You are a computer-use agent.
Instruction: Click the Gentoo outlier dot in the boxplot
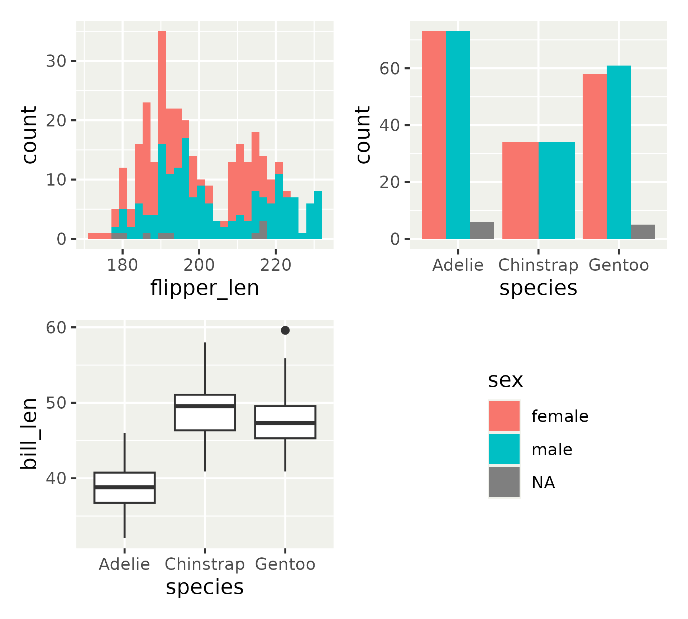pyautogui.click(x=285, y=330)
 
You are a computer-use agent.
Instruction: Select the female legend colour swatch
pyautogui.click(x=504, y=416)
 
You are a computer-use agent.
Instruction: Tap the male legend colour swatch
pyautogui.click(x=504, y=449)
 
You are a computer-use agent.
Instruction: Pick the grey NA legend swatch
pyautogui.click(x=504, y=482)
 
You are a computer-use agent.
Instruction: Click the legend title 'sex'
pyautogui.click(x=505, y=380)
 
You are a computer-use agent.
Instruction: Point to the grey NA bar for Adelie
pyautogui.click(x=482, y=230)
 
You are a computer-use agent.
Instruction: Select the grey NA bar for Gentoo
pyautogui.click(x=643, y=232)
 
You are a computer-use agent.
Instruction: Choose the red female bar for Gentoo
pyautogui.click(x=594, y=156)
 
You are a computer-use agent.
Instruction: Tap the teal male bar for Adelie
pyautogui.click(x=458, y=135)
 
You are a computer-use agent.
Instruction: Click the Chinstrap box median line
pyautogui.click(x=205, y=406)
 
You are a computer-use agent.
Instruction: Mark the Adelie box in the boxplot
pyautogui.click(x=124, y=488)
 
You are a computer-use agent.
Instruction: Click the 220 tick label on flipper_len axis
pyautogui.click(x=276, y=265)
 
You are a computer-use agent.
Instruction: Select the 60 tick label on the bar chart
pyautogui.click(x=390, y=68)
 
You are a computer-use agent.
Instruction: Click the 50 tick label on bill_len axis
pyautogui.click(x=56, y=403)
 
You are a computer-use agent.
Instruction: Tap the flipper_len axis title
pyautogui.click(x=205, y=288)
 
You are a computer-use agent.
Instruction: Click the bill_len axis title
pyautogui.click(x=29, y=433)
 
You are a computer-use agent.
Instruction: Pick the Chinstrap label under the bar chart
pyautogui.click(x=538, y=265)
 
